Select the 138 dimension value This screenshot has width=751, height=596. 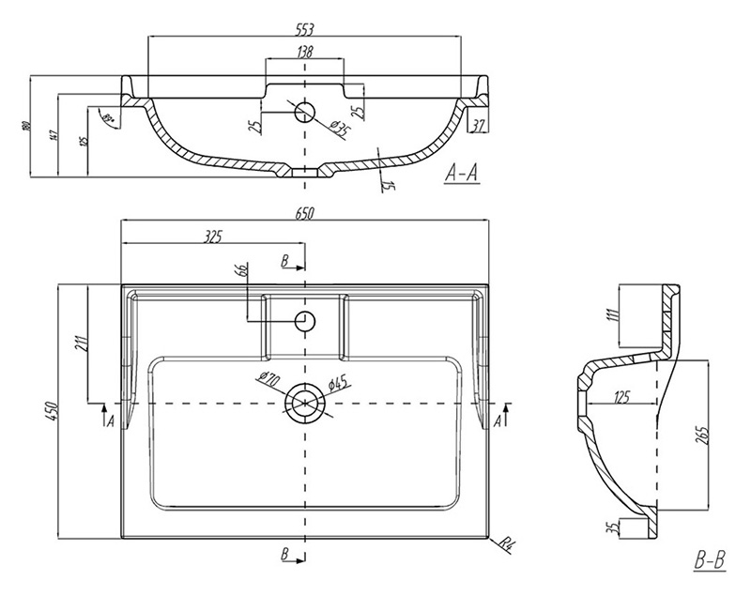click(x=305, y=53)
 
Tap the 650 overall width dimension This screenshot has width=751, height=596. click(x=305, y=214)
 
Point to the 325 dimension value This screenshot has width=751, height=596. click(x=213, y=237)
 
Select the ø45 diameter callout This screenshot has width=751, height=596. click(x=340, y=381)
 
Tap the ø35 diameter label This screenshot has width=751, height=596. click(x=338, y=131)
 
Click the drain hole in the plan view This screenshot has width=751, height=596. click(x=305, y=403)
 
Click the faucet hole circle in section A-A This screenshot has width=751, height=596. click(x=305, y=113)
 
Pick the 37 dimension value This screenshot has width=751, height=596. click(x=478, y=126)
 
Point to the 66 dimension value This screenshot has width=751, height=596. click(x=241, y=271)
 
